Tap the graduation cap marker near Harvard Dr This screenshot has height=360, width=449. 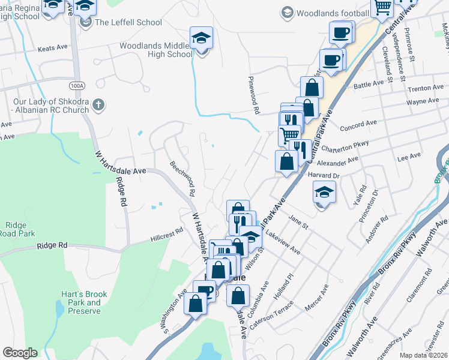pos(324,193)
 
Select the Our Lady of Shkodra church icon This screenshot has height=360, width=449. pos(100,106)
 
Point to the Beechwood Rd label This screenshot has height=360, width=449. pos(182,179)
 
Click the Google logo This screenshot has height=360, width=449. pos(20,353)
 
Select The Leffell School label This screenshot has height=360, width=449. pos(128,22)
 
